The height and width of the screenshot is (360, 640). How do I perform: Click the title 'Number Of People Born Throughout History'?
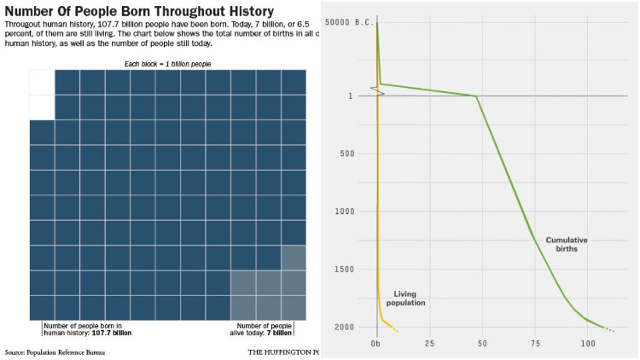click(x=139, y=11)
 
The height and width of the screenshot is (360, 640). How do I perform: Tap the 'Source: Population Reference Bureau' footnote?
click(x=49, y=351)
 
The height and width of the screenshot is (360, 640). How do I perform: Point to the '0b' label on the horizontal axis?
click(x=375, y=344)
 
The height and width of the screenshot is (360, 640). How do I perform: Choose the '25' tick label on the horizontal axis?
click(x=428, y=344)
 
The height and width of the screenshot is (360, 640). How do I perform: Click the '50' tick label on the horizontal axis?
click(x=482, y=344)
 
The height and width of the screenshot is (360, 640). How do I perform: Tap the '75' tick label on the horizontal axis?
click(x=535, y=344)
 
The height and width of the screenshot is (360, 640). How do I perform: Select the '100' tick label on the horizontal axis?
click(x=588, y=344)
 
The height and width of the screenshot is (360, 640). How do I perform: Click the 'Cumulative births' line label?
click(x=567, y=246)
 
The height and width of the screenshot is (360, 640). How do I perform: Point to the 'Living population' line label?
click(x=405, y=298)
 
